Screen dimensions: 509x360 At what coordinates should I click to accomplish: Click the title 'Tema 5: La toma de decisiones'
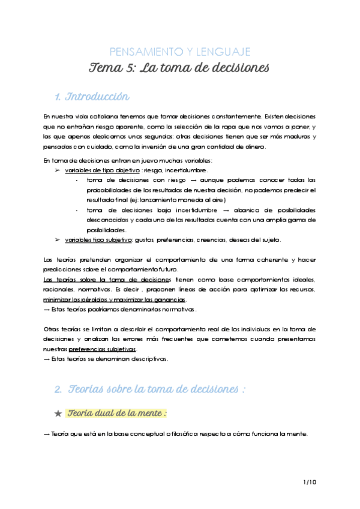[x=180, y=67]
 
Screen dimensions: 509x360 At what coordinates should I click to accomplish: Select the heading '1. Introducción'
[x=92, y=97]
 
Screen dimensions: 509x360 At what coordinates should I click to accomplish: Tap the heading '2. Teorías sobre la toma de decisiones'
[x=151, y=389]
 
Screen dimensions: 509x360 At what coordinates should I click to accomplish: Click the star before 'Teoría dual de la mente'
[x=58, y=414]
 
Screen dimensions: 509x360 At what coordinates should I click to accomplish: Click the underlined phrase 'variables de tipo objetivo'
[x=102, y=170]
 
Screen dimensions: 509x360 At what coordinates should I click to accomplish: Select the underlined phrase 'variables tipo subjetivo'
[x=98, y=240]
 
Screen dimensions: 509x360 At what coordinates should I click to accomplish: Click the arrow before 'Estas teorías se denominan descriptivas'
[x=47, y=359]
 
